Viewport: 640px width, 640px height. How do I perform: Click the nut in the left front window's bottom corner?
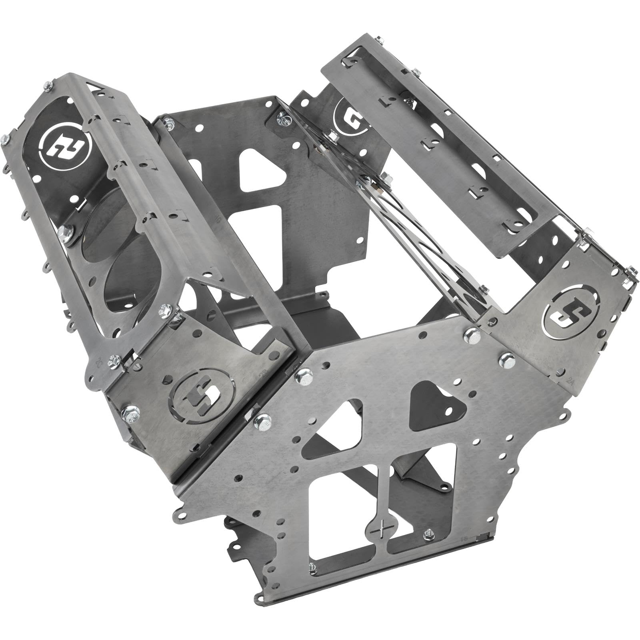coord(312,566)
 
